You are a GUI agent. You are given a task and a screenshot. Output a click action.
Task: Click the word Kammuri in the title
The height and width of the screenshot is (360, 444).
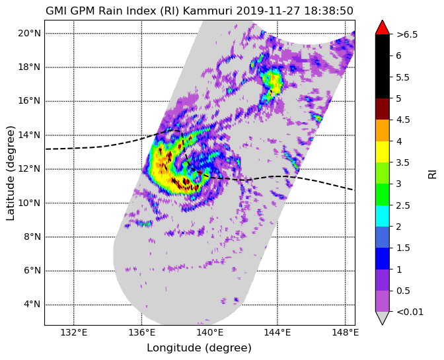point(208,11)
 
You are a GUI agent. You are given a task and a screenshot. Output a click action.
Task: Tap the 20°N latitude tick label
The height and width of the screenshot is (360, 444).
point(29,34)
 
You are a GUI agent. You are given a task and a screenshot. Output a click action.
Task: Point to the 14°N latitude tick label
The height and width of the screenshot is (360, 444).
point(29,135)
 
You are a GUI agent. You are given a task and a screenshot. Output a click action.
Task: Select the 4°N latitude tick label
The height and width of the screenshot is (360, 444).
point(32,305)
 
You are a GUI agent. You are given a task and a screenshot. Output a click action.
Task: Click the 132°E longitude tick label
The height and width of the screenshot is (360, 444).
point(74,332)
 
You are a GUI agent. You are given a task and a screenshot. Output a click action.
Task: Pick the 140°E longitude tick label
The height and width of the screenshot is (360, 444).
point(209,332)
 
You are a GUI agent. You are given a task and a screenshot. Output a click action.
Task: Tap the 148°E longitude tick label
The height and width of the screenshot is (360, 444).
point(345,332)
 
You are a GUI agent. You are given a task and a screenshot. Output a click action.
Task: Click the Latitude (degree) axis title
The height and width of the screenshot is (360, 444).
point(10,173)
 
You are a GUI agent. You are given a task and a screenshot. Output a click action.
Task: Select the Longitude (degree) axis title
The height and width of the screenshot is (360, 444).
point(199,348)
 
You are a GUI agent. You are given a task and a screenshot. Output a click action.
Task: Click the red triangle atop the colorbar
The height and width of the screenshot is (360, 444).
point(383,28)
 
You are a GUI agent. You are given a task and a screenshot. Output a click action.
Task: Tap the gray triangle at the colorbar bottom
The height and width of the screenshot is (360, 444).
point(383,318)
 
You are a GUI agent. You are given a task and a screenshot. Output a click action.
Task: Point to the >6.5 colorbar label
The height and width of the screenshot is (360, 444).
point(407,34)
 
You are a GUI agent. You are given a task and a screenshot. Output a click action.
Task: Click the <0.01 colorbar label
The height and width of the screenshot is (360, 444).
point(410,312)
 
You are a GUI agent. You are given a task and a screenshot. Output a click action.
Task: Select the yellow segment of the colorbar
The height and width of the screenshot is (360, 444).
point(383,152)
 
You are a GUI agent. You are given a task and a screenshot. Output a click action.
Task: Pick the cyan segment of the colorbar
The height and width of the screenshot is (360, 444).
point(383,215)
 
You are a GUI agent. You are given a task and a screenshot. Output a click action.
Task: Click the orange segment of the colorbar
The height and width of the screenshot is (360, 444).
point(383,131)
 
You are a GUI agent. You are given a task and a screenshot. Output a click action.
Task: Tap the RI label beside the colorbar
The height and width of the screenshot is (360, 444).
point(432,173)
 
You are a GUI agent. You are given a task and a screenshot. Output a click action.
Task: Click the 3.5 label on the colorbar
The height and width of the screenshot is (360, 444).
point(402,162)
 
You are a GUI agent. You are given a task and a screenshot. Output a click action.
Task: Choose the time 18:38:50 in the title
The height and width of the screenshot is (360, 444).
point(329,11)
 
